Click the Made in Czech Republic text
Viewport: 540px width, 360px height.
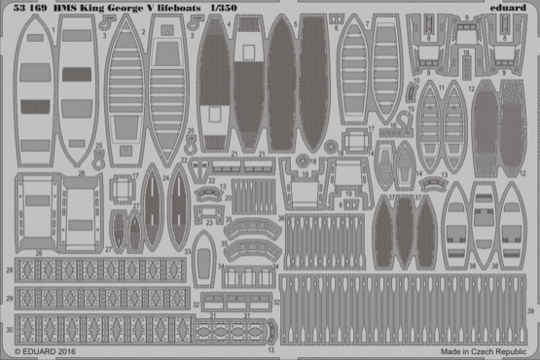click(484, 348)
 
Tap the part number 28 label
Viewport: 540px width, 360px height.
click(9, 269)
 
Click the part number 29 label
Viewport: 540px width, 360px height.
click(9, 295)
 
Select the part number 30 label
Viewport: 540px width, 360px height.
click(9, 318)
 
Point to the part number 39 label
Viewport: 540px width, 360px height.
click(531, 311)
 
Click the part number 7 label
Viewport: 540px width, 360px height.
click(370, 128)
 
